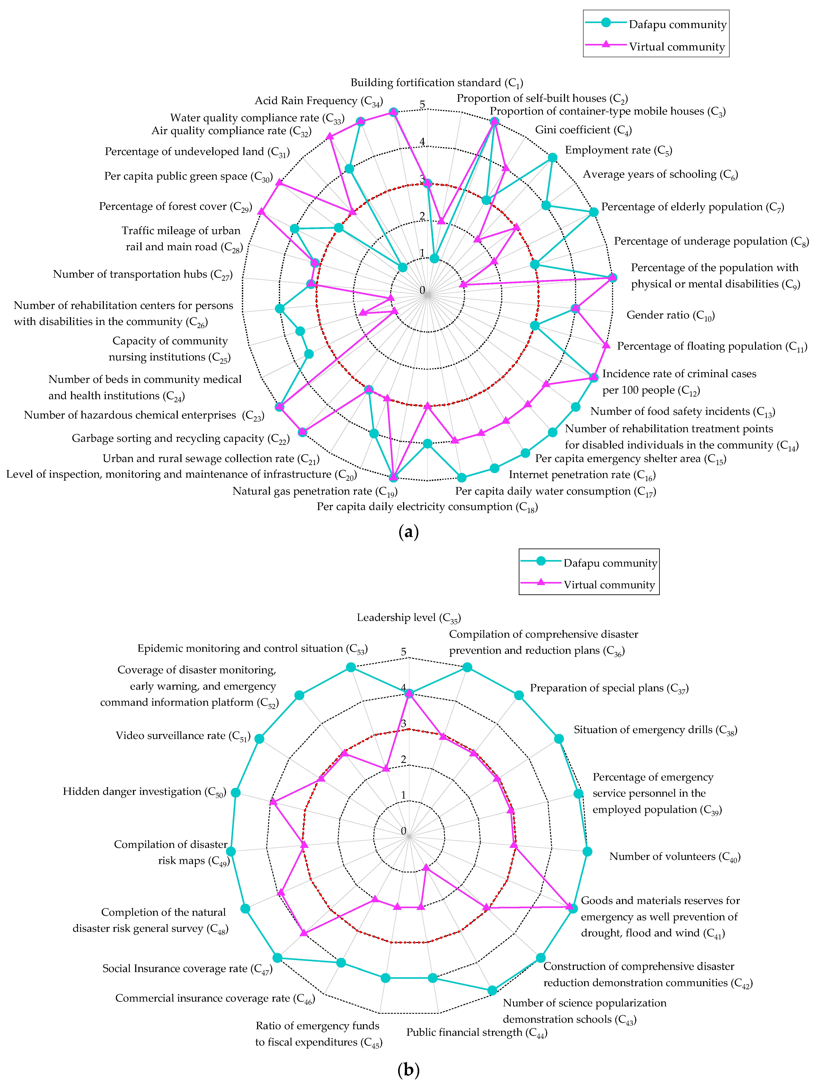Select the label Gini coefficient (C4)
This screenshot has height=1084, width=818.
[x=583, y=130]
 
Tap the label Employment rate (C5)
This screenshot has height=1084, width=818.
[x=618, y=150]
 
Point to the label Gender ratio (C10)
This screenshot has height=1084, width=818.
[x=670, y=315]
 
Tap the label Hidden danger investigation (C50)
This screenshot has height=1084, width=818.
[x=144, y=791]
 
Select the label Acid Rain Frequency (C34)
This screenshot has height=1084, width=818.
[x=318, y=101]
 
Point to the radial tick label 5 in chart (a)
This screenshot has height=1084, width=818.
[x=423, y=104]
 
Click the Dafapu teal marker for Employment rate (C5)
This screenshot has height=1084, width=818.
[x=552, y=157]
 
